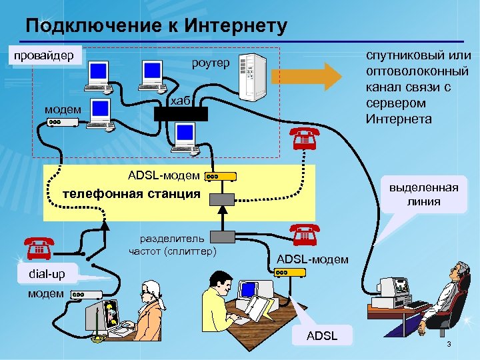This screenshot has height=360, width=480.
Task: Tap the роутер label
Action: pos(210,63)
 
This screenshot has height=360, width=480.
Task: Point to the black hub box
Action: pos(181,113)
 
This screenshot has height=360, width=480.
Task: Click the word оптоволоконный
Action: pos(418,72)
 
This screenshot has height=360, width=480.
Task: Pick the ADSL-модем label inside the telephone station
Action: pos(163,175)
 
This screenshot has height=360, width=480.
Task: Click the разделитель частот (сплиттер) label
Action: pos(173,245)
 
